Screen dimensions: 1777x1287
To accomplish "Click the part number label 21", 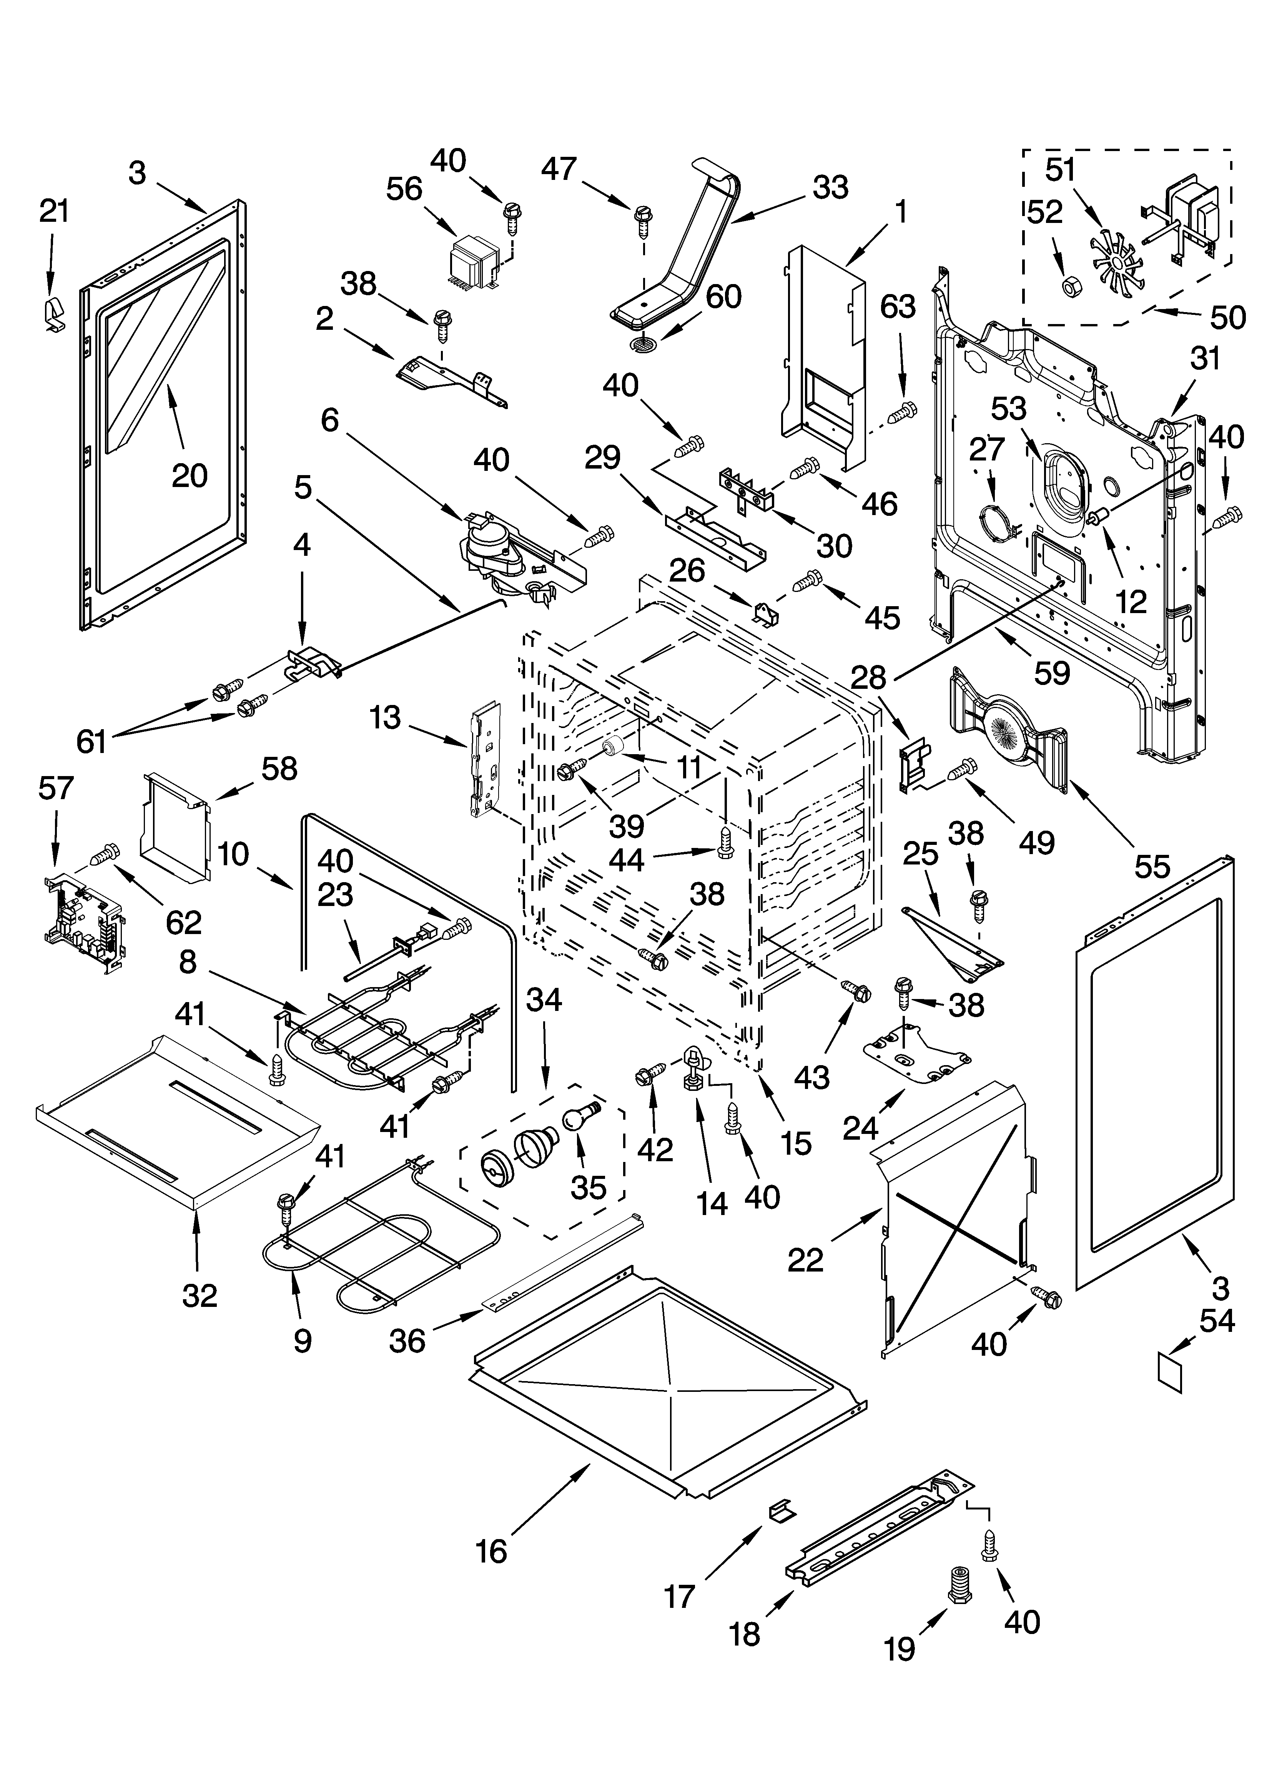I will point(54,211).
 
